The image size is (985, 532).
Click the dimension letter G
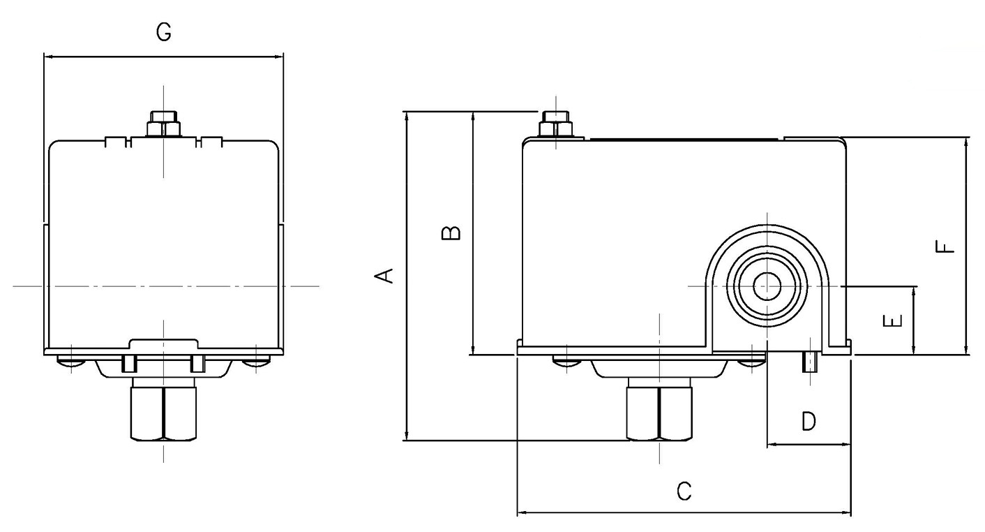(164, 32)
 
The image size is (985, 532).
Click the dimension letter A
(384, 276)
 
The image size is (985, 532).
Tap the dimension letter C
(684, 492)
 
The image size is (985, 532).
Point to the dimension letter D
(809, 421)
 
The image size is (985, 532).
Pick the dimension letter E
(893, 320)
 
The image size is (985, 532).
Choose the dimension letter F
(945, 246)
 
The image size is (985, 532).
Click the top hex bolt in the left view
(163, 124)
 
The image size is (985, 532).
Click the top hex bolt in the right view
(556, 124)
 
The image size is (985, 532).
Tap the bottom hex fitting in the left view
(163, 413)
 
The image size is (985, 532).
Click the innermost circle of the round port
(767, 286)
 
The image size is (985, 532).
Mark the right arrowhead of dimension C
(846, 512)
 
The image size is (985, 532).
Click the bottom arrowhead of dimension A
(407, 435)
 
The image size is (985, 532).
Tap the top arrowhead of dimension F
(966, 142)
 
